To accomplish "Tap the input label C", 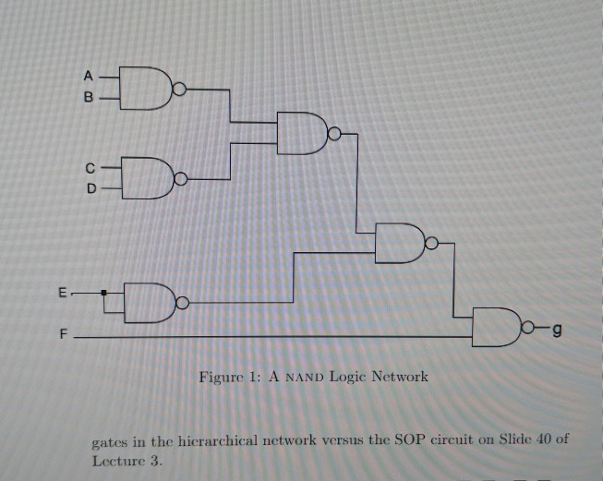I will click(90, 168).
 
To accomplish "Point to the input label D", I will click(90, 186).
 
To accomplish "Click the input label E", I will click(62, 294).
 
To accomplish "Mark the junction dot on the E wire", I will click(104, 294).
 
